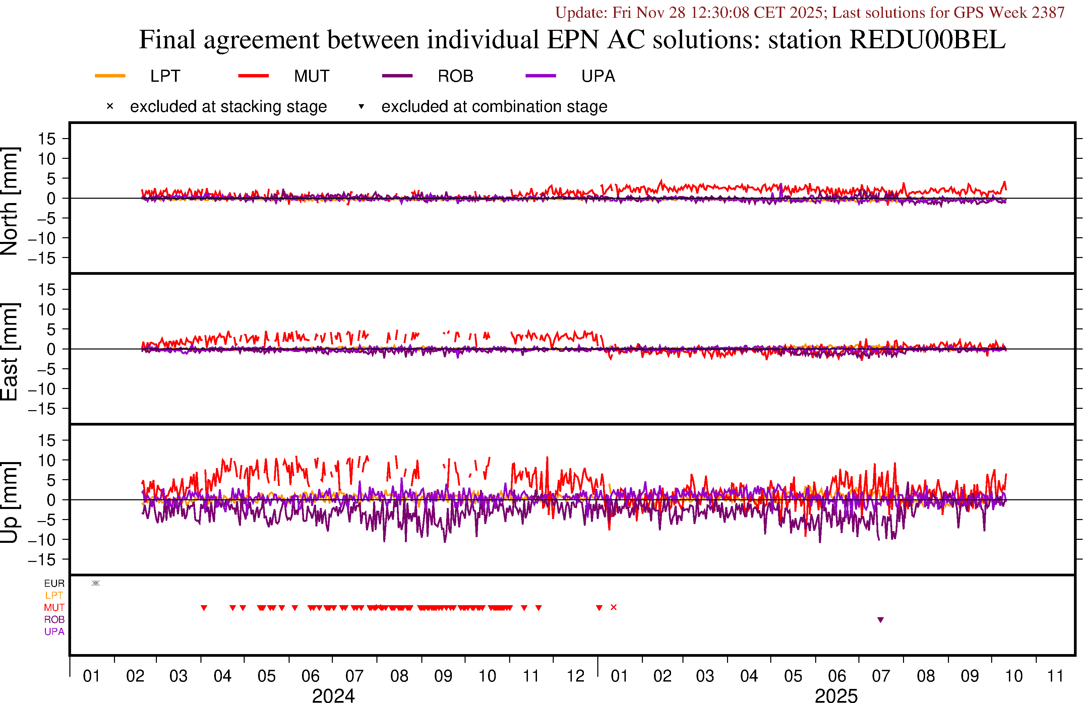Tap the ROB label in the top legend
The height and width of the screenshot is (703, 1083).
coord(455,76)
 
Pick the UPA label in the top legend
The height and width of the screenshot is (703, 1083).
coord(598,76)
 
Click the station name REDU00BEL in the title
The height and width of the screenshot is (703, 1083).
coord(927,40)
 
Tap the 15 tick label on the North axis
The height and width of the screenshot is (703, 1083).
coord(46,139)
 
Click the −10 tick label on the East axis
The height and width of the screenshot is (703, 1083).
coord(42,389)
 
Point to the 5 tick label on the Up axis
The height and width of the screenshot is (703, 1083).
coord(51,480)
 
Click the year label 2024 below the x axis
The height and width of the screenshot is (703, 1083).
coord(333,695)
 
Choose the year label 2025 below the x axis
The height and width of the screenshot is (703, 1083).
coord(836,695)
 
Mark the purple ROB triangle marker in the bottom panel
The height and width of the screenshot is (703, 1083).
coord(881,620)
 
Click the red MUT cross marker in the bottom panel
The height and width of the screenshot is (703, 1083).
coord(613,608)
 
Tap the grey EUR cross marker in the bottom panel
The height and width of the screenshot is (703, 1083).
coord(96,583)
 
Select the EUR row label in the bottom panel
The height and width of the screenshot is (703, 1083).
coord(54,583)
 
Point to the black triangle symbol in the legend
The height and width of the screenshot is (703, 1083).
coord(361,107)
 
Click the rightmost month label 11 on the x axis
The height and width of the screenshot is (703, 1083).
coord(1055,676)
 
